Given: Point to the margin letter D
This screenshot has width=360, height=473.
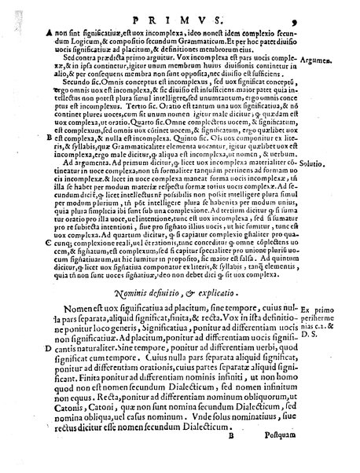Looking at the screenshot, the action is point(49,346).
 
